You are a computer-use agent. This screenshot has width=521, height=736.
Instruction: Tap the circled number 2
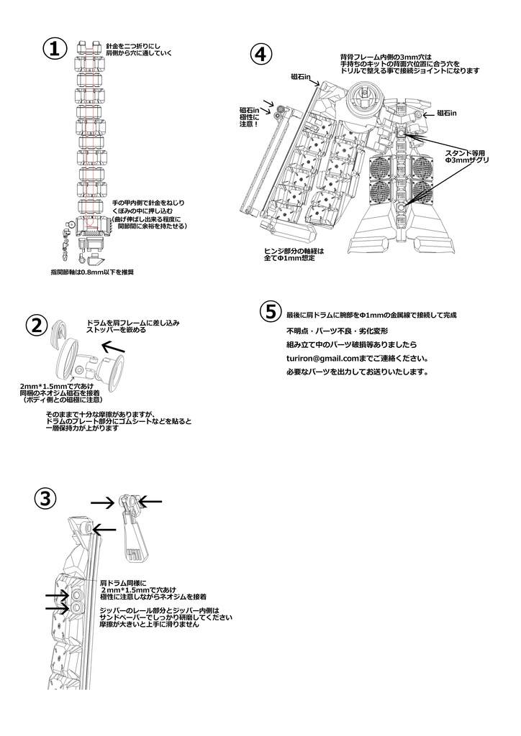tap(37, 325)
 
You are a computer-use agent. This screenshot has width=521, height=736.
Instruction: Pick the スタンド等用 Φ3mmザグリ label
tap(467, 156)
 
